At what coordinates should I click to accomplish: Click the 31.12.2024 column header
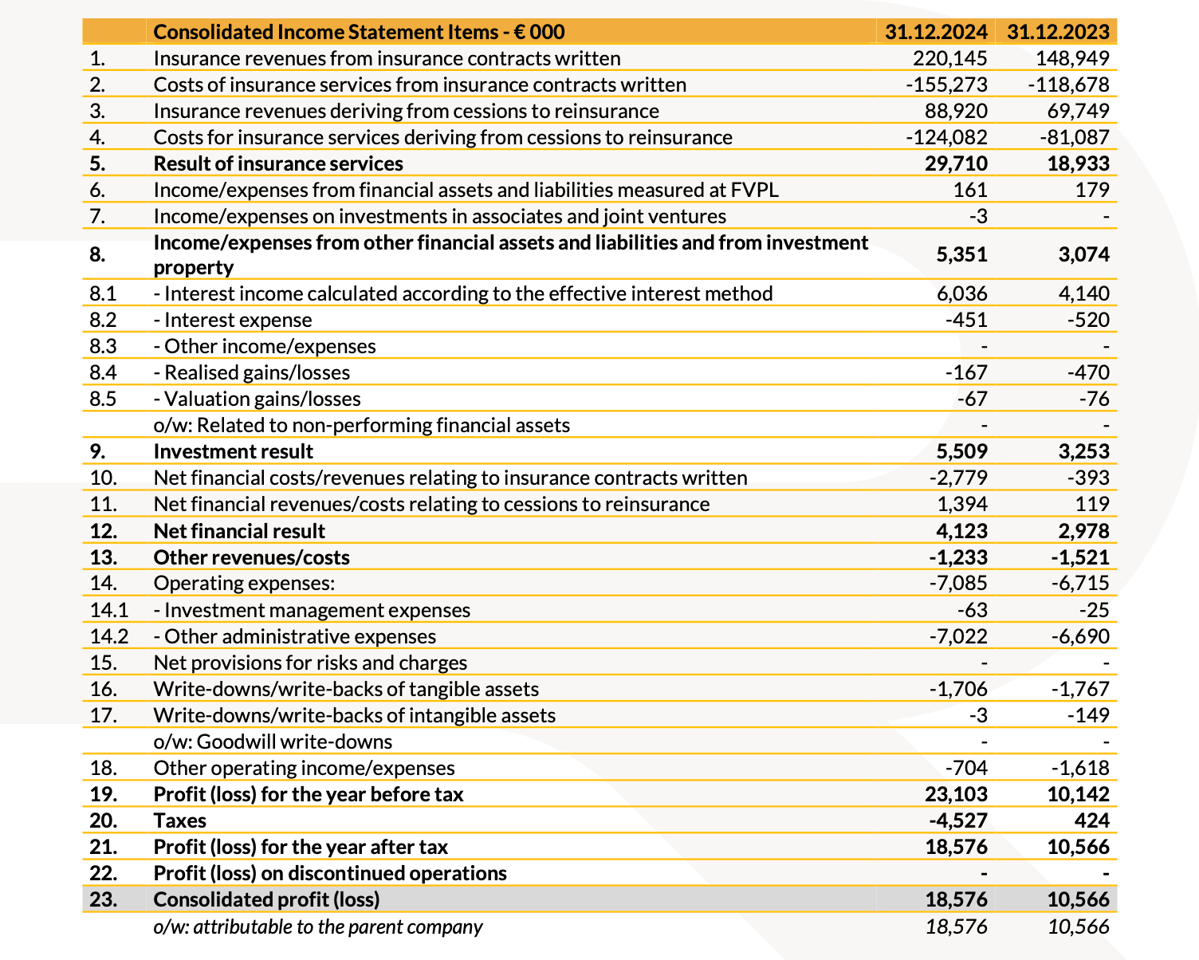pos(936,32)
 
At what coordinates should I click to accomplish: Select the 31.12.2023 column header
pos(1058,32)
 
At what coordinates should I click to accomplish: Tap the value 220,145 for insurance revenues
pos(950,58)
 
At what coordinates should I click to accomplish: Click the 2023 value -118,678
pos(1068,85)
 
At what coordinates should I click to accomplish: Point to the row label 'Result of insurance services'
pos(278,163)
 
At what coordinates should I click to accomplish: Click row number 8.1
pos(104,293)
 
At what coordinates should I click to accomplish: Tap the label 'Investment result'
pos(233,451)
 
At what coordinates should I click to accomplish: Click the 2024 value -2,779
pos(958,478)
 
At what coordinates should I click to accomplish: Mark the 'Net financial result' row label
pos(239,531)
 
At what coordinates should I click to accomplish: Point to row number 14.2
pos(109,636)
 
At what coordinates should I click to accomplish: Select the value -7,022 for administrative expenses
pos(958,636)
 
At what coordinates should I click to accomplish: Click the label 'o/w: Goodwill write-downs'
pos(273,742)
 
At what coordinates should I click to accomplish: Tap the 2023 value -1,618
pos(1080,768)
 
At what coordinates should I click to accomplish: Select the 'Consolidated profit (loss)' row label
pos(266,899)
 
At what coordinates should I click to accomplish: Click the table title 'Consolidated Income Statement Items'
pos(359,32)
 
